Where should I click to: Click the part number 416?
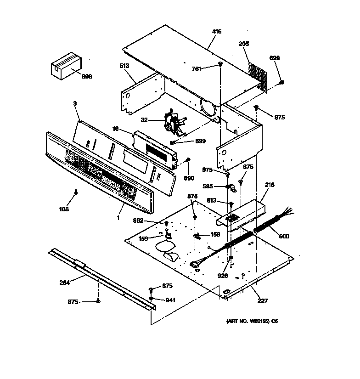click(217, 32)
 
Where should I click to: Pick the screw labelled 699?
click(281, 83)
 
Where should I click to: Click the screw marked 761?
click(221, 64)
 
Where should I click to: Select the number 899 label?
click(200, 141)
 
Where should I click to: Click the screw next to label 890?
click(188, 160)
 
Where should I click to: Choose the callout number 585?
click(208, 186)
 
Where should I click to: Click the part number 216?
click(270, 185)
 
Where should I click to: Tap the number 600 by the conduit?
click(284, 237)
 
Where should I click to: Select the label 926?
click(224, 276)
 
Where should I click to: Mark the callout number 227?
click(263, 301)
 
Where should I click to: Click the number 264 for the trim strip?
click(65, 283)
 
